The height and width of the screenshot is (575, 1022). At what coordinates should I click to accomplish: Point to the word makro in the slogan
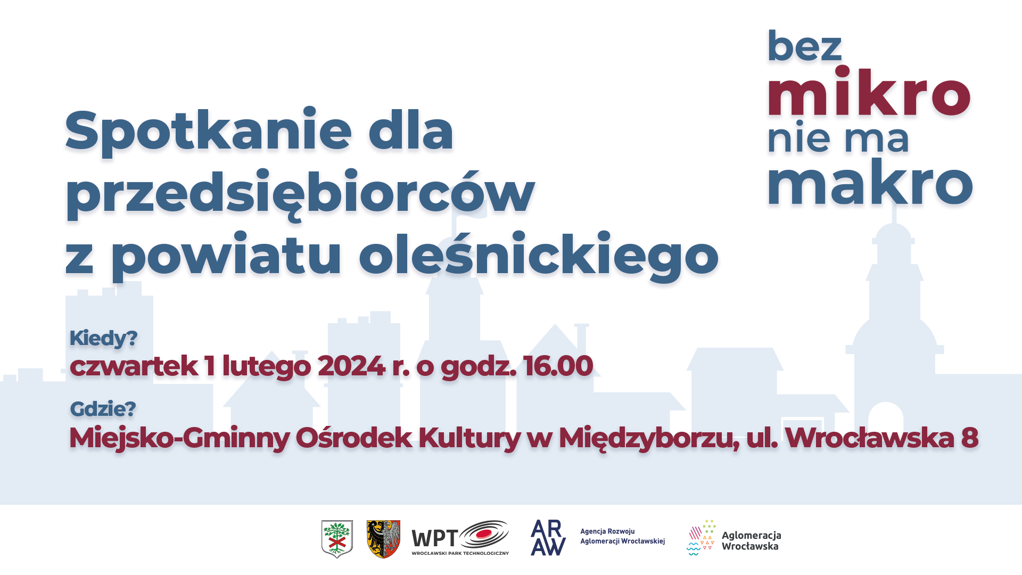pos(870,182)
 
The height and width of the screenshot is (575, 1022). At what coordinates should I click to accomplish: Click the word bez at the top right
pos(804,46)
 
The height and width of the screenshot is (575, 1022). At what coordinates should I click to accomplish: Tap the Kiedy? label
pos(103,339)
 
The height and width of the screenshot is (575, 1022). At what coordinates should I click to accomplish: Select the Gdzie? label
pos(103,409)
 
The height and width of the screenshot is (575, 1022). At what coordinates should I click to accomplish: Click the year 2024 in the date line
pos(351,366)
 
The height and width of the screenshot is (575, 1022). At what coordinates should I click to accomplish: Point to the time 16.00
pos(558,366)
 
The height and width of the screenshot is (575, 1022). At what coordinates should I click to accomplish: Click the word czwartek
pos(134,366)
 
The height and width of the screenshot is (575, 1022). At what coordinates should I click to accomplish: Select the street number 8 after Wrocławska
pos(970,438)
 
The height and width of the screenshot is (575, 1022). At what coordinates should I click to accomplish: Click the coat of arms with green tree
pos(337,539)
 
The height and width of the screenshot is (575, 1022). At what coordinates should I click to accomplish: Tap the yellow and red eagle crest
pos(383,539)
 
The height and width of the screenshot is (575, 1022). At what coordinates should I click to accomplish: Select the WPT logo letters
pos(434,539)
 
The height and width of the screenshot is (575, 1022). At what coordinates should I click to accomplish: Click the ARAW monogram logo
pos(548,538)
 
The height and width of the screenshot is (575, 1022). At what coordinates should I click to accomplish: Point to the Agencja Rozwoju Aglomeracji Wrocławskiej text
pos(622,536)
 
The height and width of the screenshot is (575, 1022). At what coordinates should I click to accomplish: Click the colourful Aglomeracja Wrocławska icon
pos(700,538)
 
